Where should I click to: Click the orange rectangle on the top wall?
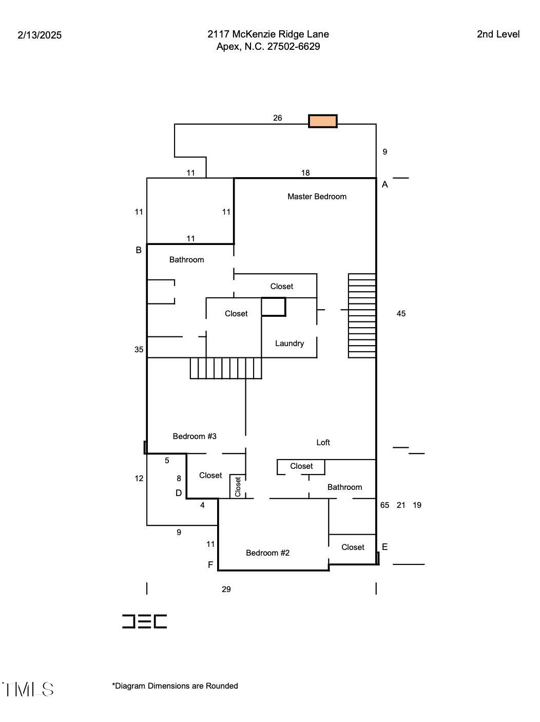pyautogui.click(x=322, y=121)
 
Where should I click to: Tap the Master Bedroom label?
pyautogui.click(x=317, y=196)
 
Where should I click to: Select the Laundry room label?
pyautogui.click(x=289, y=344)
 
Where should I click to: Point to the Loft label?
pyautogui.click(x=323, y=442)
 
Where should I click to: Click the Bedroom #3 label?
pyautogui.click(x=195, y=436)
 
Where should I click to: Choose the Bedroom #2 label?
pyautogui.click(x=267, y=553)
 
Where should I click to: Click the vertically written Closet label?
pyautogui.click(x=238, y=487)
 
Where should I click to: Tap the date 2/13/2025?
pyautogui.click(x=40, y=35)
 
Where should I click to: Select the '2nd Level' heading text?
pyautogui.click(x=498, y=34)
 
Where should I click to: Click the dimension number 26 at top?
pyautogui.click(x=277, y=118)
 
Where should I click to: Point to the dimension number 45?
pyautogui.click(x=401, y=313)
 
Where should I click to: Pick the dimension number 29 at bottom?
pyautogui.click(x=226, y=589)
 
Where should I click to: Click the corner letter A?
pyautogui.click(x=385, y=184)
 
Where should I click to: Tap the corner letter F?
pyautogui.click(x=210, y=565)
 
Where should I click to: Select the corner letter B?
pyautogui.click(x=139, y=250)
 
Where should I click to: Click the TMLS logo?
pyautogui.click(x=28, y=689)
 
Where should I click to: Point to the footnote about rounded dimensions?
pyautogui.click(x=175, y=686)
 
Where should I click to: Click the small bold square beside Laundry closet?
pyautogui.click(x=273, y=307)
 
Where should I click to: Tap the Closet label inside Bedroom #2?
pyautogui.click(x=353, y=547)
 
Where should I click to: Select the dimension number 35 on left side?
pyautogui.click(x=139, y=350)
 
